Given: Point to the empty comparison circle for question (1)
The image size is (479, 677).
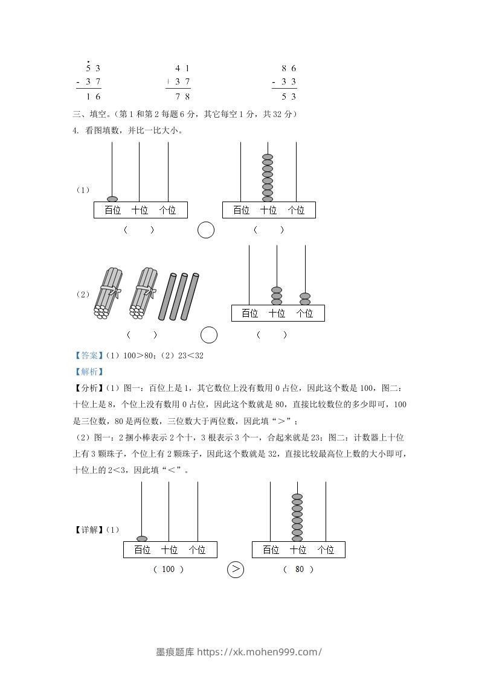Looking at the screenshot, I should pos(206,230).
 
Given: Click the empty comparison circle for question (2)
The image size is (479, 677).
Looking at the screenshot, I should pos(208,334).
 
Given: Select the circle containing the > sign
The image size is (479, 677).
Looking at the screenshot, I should pos(235,569).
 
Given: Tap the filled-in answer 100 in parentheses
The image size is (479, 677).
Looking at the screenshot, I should pos(169,569).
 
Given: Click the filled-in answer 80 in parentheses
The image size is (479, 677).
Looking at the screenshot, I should pos(299,569).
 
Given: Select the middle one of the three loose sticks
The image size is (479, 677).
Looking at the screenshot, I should pos(179,296).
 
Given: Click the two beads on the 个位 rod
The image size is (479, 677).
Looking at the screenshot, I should pos(305,299).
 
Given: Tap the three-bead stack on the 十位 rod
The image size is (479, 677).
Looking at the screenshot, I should pos(277,296).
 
